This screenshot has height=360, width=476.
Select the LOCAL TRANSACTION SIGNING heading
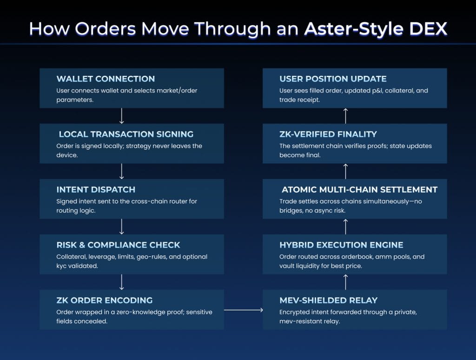(126, 134)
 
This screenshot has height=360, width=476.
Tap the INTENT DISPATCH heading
(96, 189)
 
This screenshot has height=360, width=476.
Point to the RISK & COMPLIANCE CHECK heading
(118, 245)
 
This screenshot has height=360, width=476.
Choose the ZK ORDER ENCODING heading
(104, 300)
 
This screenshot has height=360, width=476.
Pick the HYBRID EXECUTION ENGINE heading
(341, 245)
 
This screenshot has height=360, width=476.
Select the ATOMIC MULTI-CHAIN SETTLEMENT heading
(359, 189)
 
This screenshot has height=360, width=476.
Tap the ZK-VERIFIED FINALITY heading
(328, 134)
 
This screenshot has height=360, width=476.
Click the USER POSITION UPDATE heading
(333, 79)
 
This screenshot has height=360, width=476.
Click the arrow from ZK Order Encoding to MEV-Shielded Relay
(243, 310)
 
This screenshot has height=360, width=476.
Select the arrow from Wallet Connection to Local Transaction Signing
(121, 116)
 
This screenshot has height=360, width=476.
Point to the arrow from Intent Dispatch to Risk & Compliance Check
(121, 227)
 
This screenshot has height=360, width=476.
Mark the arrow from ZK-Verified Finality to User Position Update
(345, 116)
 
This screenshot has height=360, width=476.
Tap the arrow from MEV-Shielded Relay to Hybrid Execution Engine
(345, 282)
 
